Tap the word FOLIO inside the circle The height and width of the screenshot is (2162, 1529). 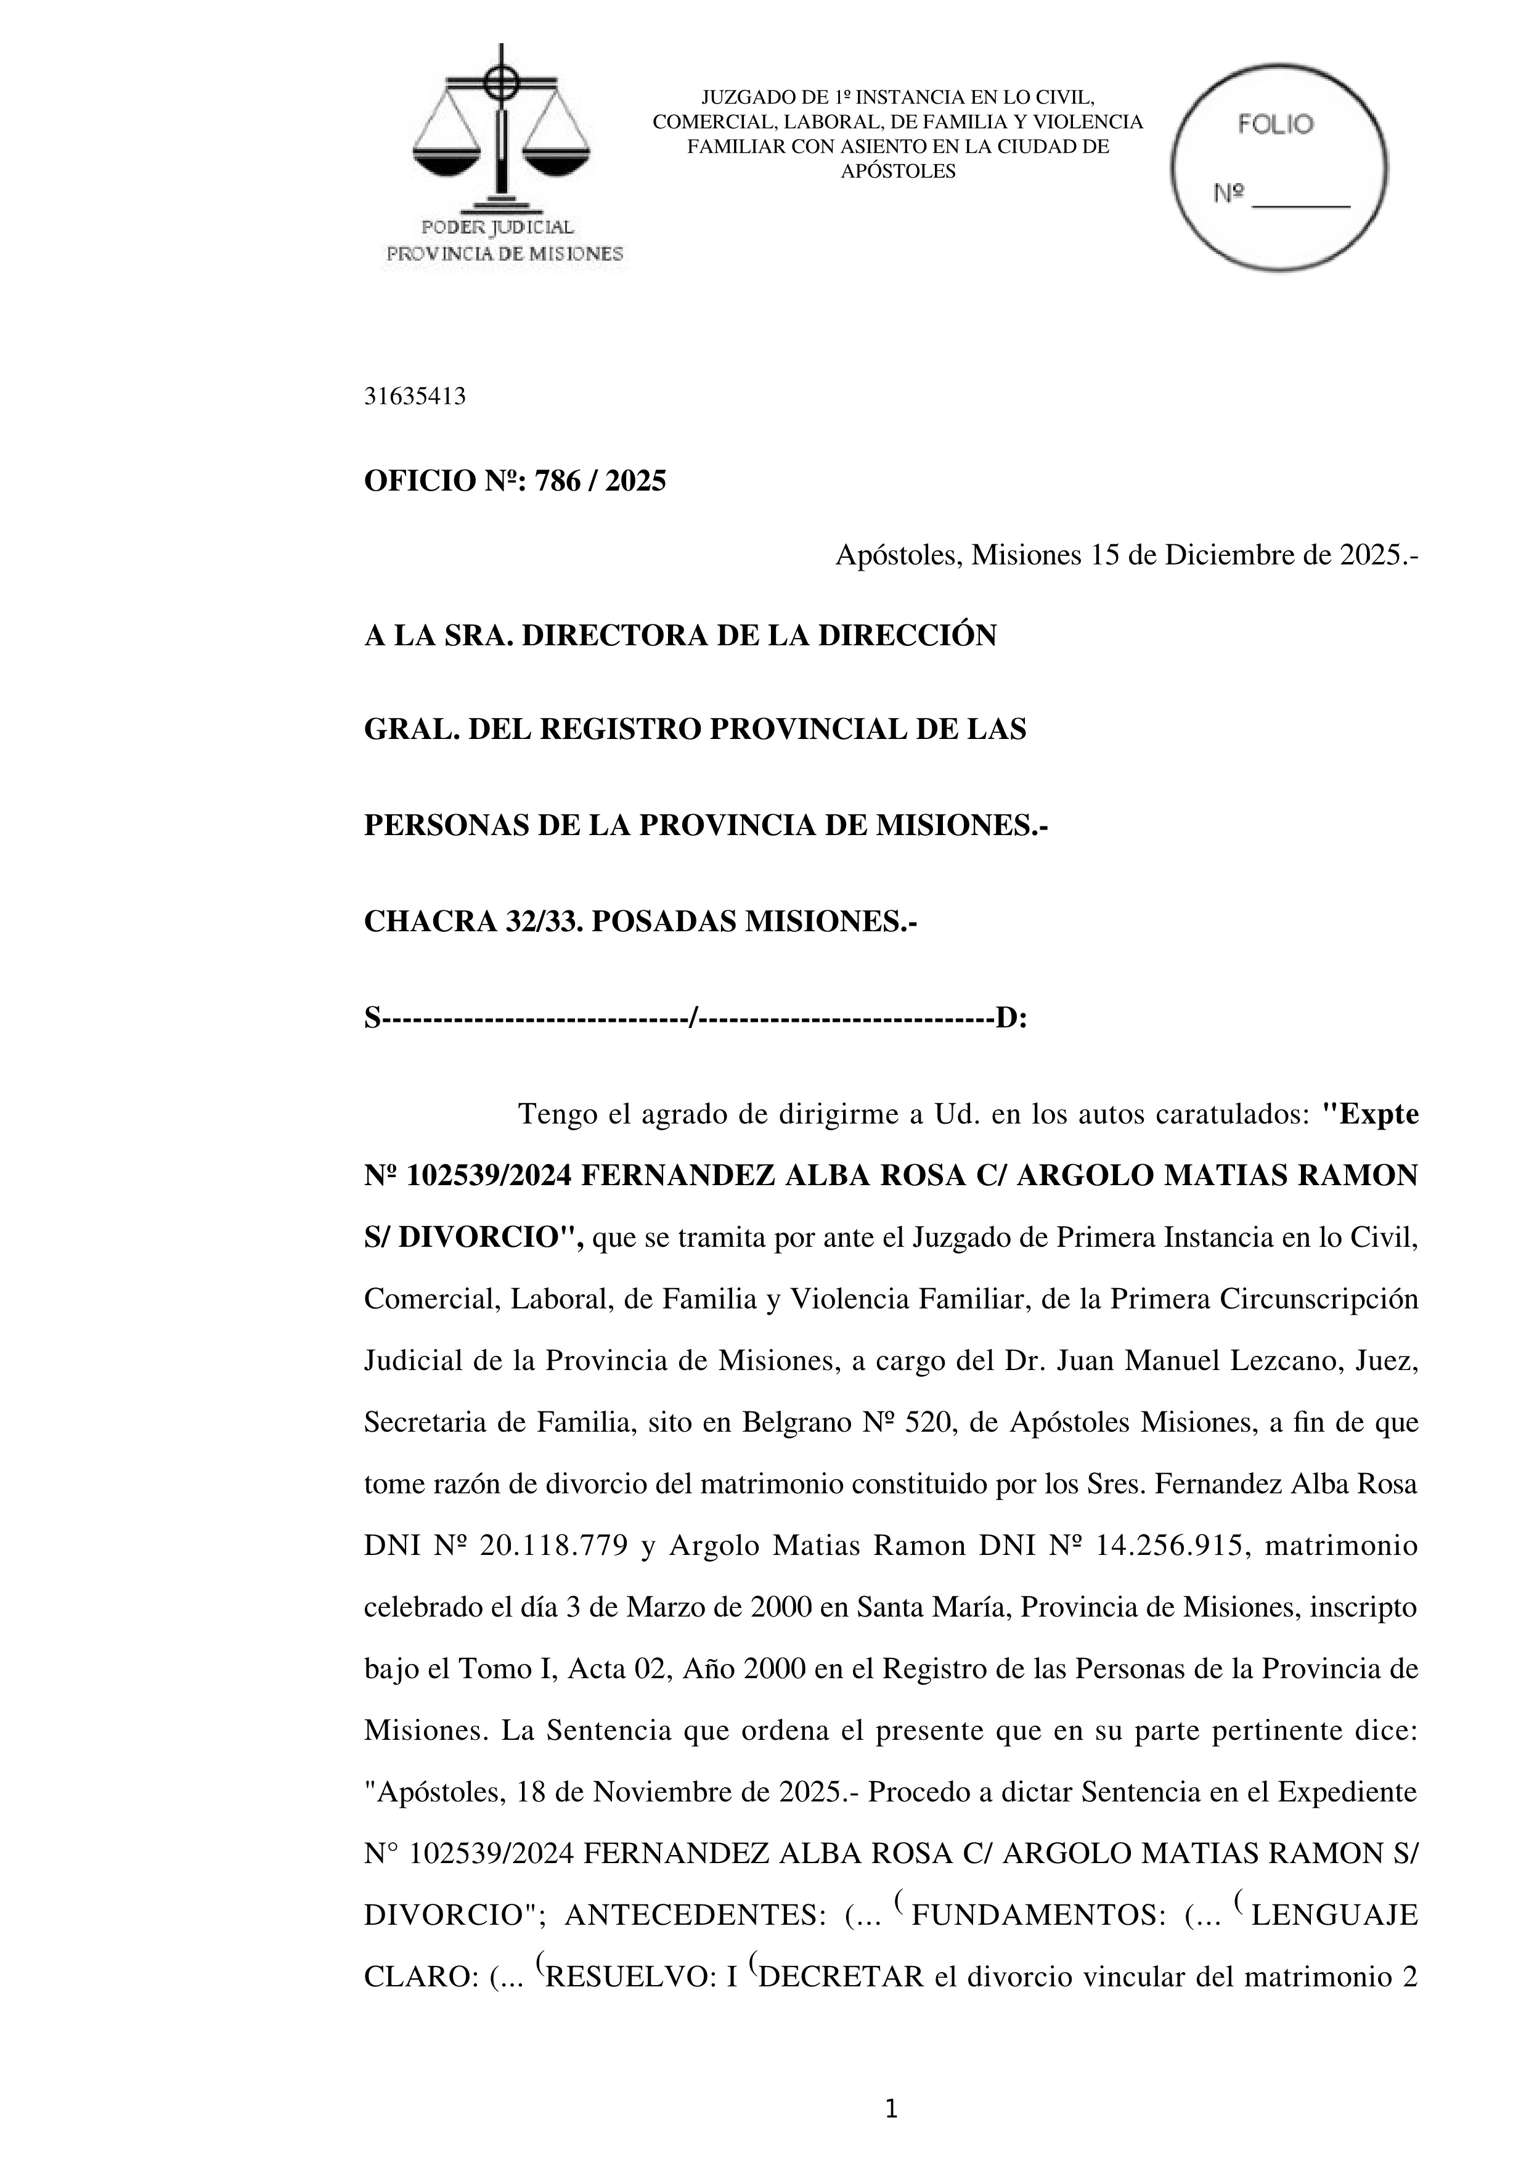point(1276,124)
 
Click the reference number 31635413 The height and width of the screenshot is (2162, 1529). point(414,396)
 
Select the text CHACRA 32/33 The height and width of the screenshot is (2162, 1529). point(471,921)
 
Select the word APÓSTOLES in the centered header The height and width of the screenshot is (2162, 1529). point(897,171)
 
